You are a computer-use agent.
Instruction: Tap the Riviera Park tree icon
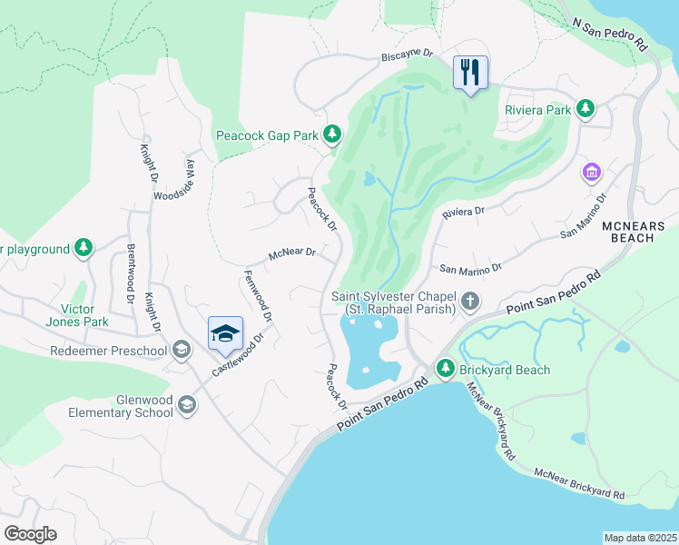(x=586, y=110)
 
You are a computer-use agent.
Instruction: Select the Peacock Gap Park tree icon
(x=332, y=135)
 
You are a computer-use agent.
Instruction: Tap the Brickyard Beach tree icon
(x=445, y=369)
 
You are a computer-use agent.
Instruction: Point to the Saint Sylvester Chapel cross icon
(x=469, y=301)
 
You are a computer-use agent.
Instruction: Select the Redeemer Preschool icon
(x=181, y=351)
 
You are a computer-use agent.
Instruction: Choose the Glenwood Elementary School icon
(x=188, y=404)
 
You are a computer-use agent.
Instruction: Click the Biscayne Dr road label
(x=407, y=54)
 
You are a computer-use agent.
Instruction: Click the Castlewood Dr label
(x=238, y=355)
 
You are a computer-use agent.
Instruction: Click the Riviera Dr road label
(x=464, y=212)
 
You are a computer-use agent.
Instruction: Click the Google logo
(x=31, y=534)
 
